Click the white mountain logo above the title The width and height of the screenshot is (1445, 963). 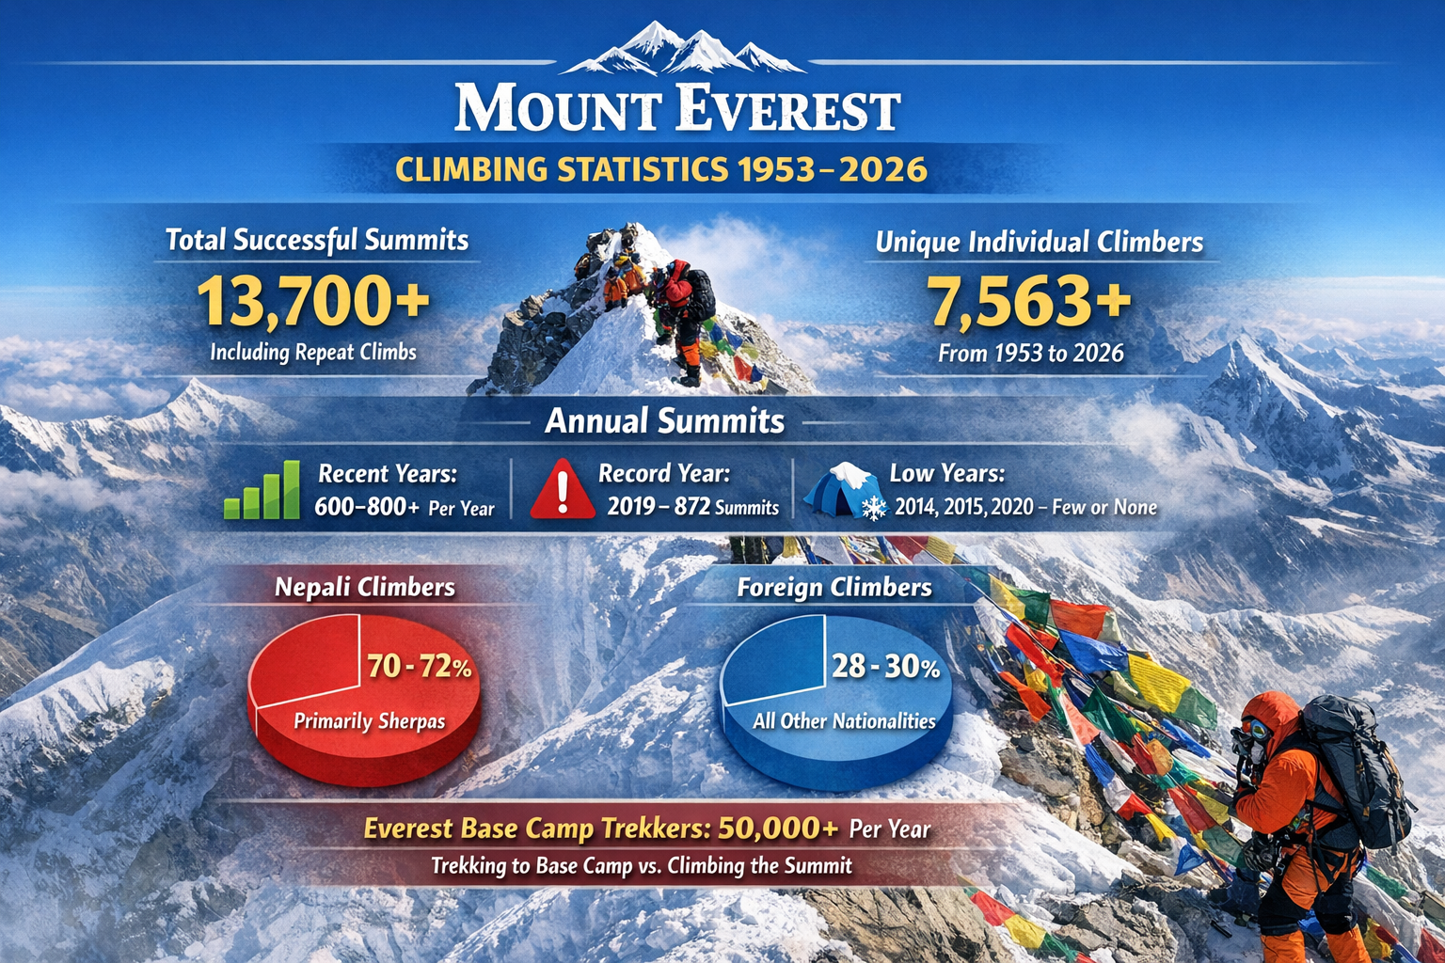(682, 48)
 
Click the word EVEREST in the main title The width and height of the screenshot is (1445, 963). (787, 108)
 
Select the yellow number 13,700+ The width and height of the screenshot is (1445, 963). (313, 301)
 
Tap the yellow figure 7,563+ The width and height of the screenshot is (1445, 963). (1029, 302)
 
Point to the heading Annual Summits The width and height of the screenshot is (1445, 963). (664, 421)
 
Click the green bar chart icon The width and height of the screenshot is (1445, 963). (262, 490)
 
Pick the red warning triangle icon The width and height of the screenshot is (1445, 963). (563, 489)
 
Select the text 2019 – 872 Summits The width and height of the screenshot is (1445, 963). (692, 507)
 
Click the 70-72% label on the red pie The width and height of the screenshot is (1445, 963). (420, 667)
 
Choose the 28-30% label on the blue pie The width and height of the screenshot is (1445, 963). (885, 667)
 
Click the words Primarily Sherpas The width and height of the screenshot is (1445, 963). (369, 721)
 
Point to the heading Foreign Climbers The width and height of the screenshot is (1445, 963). (834, 588)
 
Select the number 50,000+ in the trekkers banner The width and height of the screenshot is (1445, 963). (778, 828)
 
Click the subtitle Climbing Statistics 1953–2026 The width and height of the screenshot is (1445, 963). (661, 169)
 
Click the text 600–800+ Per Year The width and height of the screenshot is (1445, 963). (405, 508)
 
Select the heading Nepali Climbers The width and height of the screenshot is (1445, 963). (365, 588)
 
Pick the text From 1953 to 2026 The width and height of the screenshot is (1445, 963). (1031, 354)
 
